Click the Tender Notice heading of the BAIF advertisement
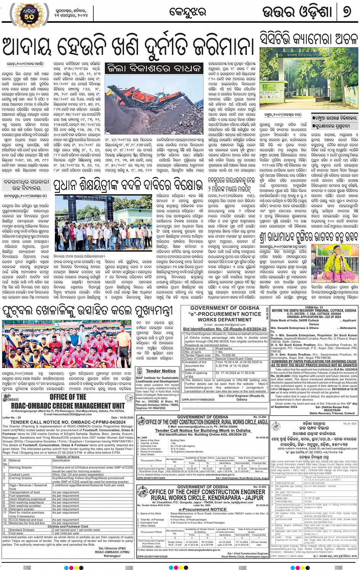click(161, 370)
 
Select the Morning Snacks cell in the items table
click(21, 467)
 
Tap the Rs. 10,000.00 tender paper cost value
click(226, 355)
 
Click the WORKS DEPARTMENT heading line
click(224, 320)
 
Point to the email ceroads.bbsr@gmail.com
click(224, 324)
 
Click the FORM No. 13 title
click(314, 307)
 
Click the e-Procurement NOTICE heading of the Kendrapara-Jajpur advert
click(202, 509)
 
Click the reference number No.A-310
click(349, 423)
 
